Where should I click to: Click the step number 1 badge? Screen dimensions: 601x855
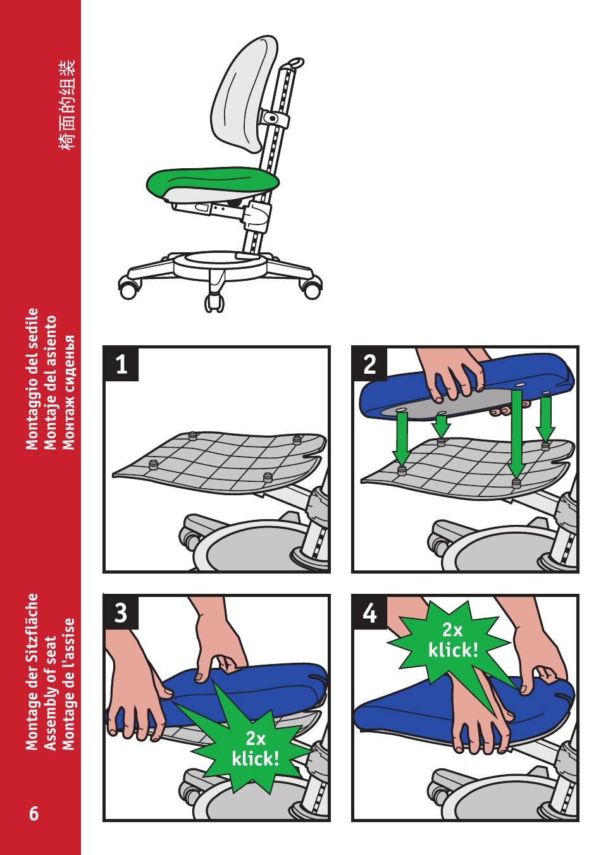point(121,364)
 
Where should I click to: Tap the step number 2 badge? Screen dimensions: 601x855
point(369,364)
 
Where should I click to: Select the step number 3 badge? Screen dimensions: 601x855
point(121,612)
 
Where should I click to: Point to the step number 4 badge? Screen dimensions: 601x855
point(369,612)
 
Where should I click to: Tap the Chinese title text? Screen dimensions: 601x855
point(67,104)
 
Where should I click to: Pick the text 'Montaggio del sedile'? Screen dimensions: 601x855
point(32,379)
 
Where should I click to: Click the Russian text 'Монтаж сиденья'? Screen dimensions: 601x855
point(68,392)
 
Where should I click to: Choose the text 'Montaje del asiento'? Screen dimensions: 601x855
point(50,383)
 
